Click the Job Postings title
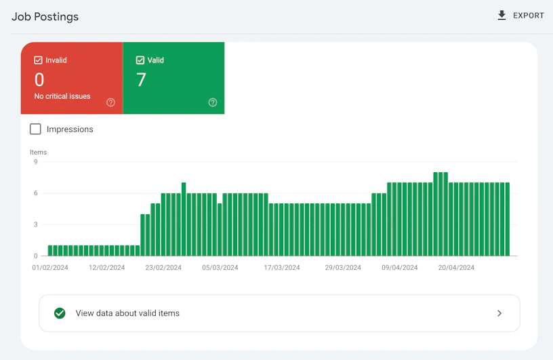pyautogui.click(x=45, y=17)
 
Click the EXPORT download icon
pyautogui.click(x=501, y=15)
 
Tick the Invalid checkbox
pyautogui.click(x=38, y=60)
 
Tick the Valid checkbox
pyautogui.click(x=140, y=60)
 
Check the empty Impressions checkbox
pyautogui.click(x=35, y=129)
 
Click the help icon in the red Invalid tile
pyautogui.click(x=110, y=102)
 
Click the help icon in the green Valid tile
pyautogui.click(x=213, y=102)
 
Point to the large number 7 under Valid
pyautogui.click(x=141, y=79)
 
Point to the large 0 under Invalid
pyautogui.click(x=39, y=79)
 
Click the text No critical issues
pyautogui.click(x=62, y=96)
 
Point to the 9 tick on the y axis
pyautogui.click(x=36, y=162)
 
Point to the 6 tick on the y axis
pyautogui.click(x=36, y=193)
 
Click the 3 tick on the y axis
pyautogui.click(x=36, y=224)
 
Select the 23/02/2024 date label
pyautogui.click(x=163, y=268)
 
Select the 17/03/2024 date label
pyautogui.click(x=282, y=268)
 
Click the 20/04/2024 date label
pyautogui.click(x=456, y=268)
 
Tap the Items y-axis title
pyautogui.click(x=38, y=152)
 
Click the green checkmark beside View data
pyautogui.click(x=60, y=313)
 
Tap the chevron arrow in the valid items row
pyautogui.click(x=499, y=313)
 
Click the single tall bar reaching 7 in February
pyautogui.click(x=184, y=219)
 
